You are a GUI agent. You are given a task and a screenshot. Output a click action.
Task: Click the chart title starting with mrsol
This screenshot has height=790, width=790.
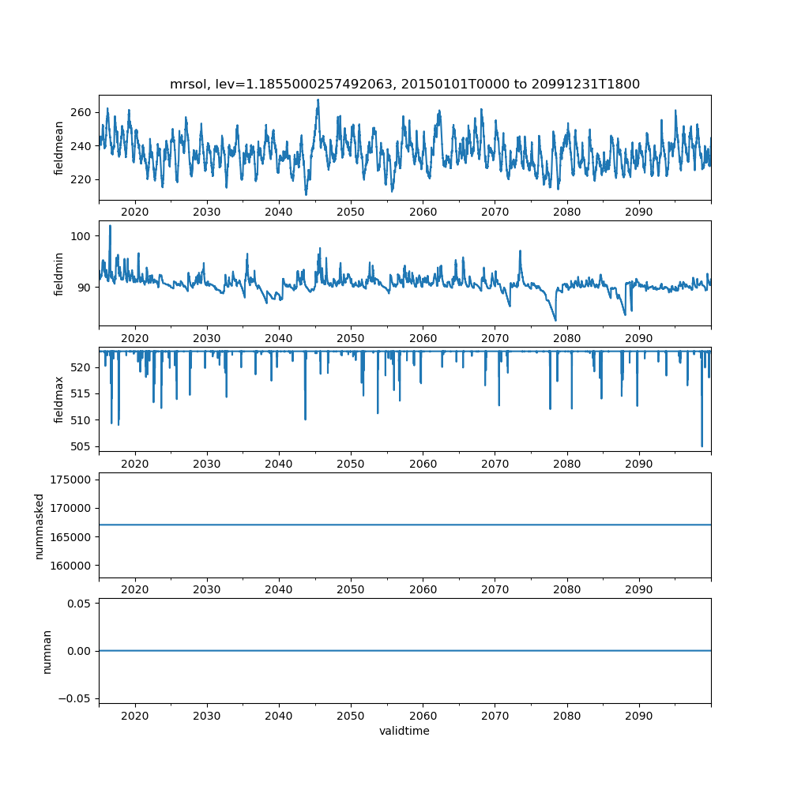(x=404, y=84)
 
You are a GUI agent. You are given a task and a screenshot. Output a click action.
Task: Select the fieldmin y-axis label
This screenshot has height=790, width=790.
(x=59, y=273)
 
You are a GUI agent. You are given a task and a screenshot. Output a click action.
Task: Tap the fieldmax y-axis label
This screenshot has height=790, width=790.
(x=59, y=399)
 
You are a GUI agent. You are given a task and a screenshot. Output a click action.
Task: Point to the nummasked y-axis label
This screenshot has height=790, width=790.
(x=39, y=525)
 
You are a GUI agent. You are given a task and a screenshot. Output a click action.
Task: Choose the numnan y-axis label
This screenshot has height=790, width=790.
(x=47, y=651)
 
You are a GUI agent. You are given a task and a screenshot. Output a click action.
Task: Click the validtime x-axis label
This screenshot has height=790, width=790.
(x=404, y=731)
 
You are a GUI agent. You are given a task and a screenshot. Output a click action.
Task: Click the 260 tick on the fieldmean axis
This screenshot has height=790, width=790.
(x=81, y=112)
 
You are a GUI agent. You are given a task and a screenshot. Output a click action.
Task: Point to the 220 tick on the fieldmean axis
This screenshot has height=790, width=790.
(x=81, y=179)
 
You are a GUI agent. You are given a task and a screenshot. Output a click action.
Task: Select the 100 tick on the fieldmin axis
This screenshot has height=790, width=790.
(x=81, y=236)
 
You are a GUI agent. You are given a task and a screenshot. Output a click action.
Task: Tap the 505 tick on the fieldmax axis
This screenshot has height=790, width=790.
(x=81, y=446)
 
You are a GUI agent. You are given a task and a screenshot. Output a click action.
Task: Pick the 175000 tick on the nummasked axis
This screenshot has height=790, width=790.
(x=73, y=480)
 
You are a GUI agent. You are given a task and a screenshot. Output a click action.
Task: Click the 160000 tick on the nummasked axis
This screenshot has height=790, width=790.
(x=73, y=566)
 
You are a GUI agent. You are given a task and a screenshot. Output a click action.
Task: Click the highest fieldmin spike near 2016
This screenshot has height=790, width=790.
(x=110, y=226)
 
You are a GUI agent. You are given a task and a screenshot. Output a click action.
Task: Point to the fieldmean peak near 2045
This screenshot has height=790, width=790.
(x=318, y=100)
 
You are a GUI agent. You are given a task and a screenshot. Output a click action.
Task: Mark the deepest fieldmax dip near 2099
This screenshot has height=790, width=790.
(x=702, y=446)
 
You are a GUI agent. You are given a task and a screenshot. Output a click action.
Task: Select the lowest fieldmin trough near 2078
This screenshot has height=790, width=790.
(x=555, y=320)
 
